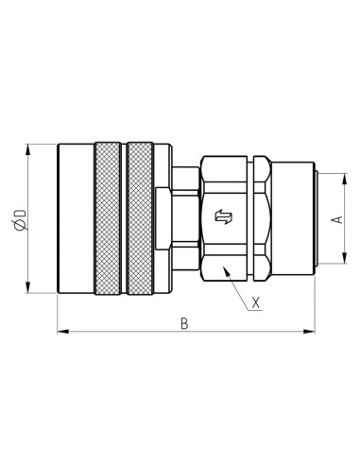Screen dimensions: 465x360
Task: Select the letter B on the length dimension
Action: point(185,323)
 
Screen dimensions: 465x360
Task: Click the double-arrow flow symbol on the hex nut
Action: point(224,218)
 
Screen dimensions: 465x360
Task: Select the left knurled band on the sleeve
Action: point(108,218)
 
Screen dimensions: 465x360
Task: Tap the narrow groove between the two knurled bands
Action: point(124,218)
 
